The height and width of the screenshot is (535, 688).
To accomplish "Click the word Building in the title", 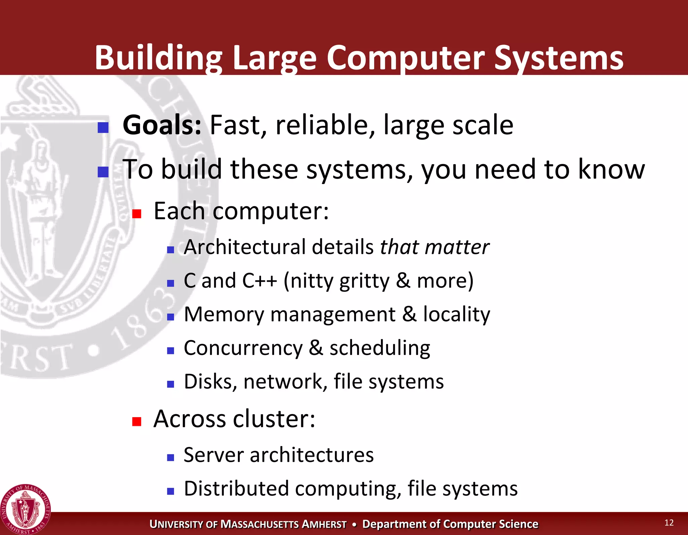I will pyautogui.click(x=158, y=58).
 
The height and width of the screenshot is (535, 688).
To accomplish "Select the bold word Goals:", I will pyautogui.click(x=162, y=125).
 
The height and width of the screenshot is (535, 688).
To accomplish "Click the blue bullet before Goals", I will pyautogui.click(x=103, y=127).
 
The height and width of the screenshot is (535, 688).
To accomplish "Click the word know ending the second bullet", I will pyautogui.click(x=611, y=169).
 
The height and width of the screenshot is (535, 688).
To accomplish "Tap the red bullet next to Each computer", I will pyautogui.click(x=136, y=214).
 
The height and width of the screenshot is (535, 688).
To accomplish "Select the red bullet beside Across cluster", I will pyautogui.click(x=136, y=421).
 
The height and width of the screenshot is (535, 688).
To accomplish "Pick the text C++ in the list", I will pyautogui.click(x=259, y=281).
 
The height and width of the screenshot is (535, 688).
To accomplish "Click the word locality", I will pyautogui.click(x=456, y=314).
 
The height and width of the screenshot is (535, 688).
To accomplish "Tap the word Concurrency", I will pyautogui.click(x=243, y=348).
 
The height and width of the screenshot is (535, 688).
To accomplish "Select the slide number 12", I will pyautogui.click(x=669, y=523).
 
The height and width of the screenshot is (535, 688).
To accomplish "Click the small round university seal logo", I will pyautogui.click(x=25, y=509).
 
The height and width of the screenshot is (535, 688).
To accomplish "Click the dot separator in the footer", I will pyautogui.click(x=354, y=524).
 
